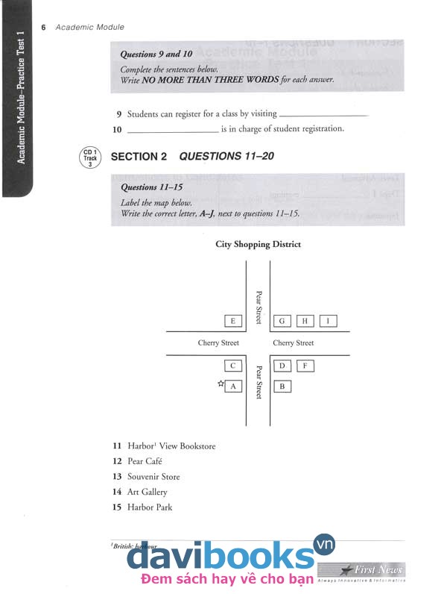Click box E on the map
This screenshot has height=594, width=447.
point(233,321)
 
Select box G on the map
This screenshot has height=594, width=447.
point(282,321)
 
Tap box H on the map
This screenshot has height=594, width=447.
point(305,321)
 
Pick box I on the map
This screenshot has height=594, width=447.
point(328,321)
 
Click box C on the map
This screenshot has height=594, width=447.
point(233,366)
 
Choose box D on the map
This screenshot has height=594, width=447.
point(282,366)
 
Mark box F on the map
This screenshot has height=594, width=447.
point(305,366)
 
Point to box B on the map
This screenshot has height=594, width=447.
point(282,387)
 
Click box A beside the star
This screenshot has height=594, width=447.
point(233,387)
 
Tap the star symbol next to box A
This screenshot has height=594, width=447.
point(221,384)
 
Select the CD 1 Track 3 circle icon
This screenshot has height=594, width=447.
point(90,157)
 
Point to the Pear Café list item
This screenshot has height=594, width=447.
point(145,461)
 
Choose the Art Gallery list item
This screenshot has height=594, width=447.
point(147,492)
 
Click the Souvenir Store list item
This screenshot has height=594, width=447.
point(153,477)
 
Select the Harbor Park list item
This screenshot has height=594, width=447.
point(149,507)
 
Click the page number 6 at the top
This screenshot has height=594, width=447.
point(44,28)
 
